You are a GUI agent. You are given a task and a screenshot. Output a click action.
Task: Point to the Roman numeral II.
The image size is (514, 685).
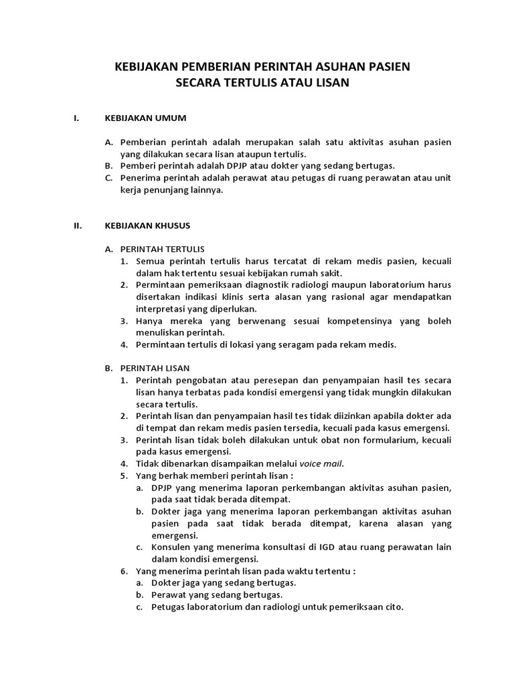coord(77,225)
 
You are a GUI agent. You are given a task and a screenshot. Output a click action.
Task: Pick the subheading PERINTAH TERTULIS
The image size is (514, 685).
coord(162,249)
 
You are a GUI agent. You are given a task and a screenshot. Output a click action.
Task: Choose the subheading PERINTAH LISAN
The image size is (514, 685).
coord(155,368)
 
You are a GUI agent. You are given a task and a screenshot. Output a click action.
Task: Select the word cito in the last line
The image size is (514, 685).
coord(394,607)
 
